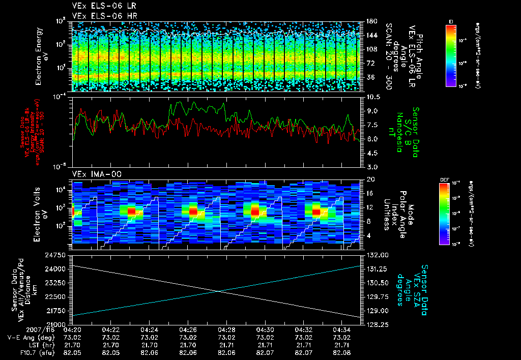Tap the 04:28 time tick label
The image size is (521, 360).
(x=226, y=329)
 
